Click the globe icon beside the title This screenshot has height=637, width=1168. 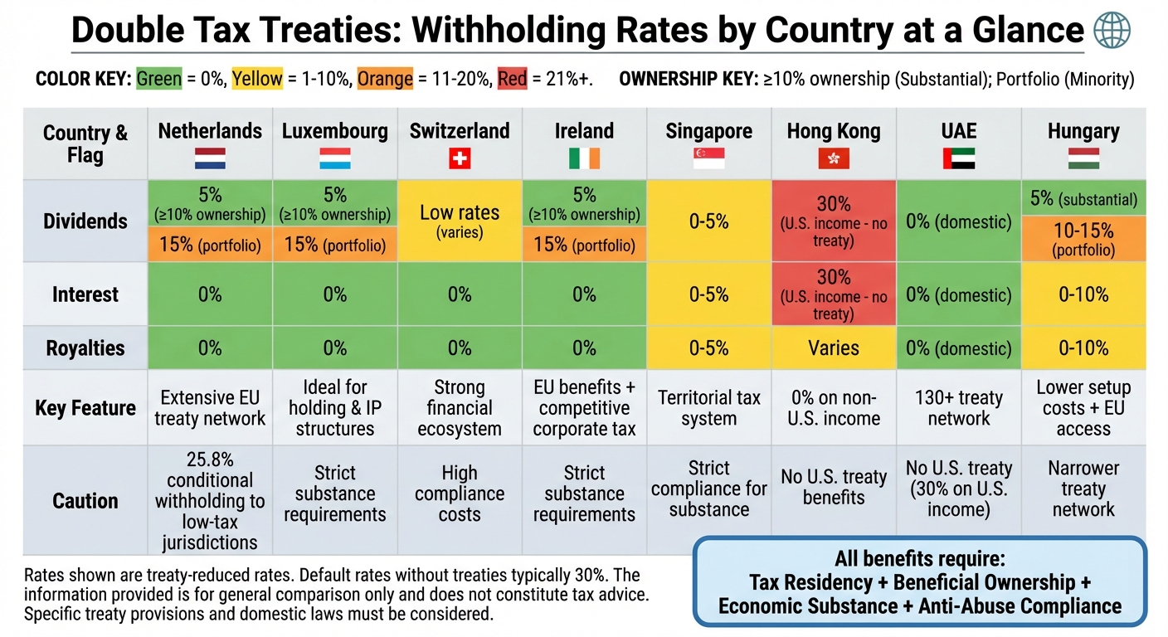click(1112, 32)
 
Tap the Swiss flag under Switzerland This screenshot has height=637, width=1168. click(460, 158)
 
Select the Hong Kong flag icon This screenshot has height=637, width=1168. click(834, 158)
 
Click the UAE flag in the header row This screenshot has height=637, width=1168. click(959, 158)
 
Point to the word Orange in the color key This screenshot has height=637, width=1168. click(386, 80)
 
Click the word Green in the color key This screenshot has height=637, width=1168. click(159, 80)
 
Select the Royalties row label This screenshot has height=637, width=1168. click(85, 348)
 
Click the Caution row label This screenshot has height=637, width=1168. click(85, 501)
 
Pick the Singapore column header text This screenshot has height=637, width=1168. click(708, 131)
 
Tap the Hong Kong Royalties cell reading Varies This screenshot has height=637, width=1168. click(834, 348)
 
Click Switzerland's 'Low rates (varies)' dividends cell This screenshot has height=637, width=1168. click(460, 221)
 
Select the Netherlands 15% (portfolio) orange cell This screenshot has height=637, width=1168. click(211, 246)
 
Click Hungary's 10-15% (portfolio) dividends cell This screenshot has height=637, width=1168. click(1083, 239)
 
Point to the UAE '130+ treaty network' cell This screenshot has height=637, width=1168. click(959, 407)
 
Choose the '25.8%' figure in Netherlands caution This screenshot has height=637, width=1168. click(210, 460)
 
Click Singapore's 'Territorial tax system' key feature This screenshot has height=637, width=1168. click(708, 407)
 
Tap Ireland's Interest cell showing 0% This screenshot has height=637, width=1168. click(584, 294)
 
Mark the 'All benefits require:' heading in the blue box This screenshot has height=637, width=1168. click(919, 558)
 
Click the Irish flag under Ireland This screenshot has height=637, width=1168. click(584, 158)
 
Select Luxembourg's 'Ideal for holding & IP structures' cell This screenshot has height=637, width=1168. click(335, 407)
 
